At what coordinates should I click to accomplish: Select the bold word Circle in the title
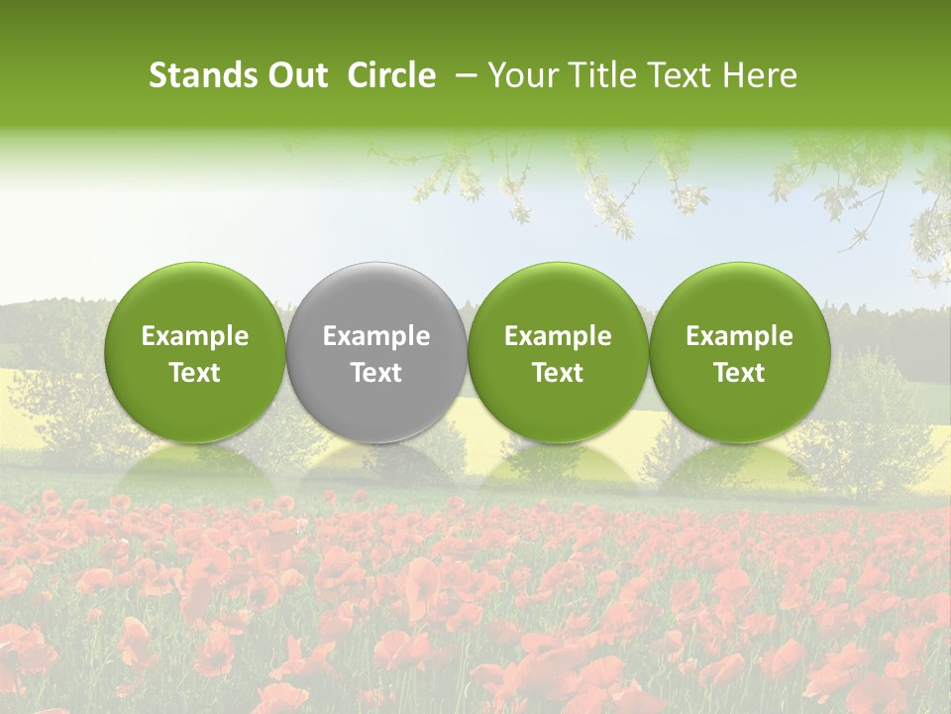pos(391,75)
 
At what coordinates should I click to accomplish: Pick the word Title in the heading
pos(600,75)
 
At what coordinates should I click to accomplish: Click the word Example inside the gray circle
pos(376,336)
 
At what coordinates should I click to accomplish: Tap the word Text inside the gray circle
pos(376,373)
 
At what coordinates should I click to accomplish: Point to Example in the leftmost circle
pos(195,336)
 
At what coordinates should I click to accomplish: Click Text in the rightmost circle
pos(740,373)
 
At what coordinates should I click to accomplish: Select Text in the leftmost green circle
pos(195,373)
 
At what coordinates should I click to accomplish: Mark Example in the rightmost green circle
pos(740,336)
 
